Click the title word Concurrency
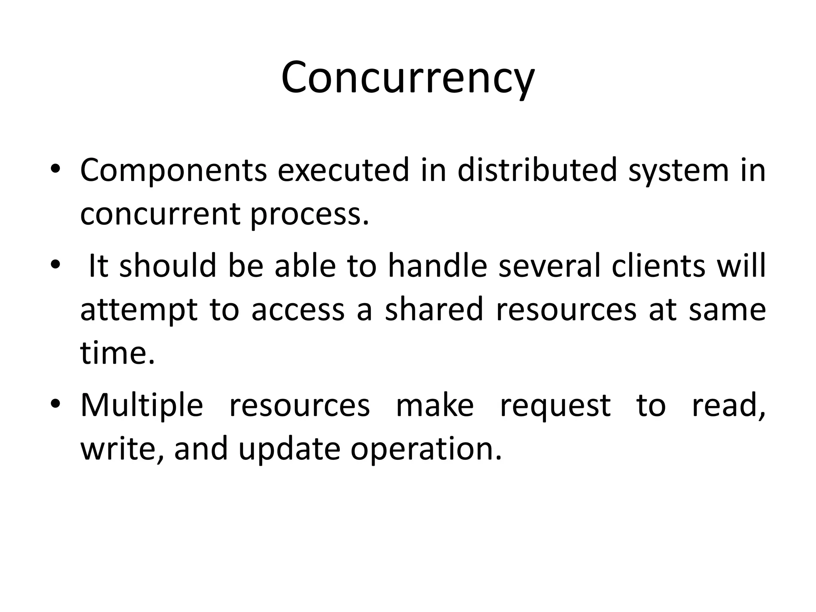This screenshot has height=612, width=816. click(x=408, y=78)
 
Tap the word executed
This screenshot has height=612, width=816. click(x=343, y=170)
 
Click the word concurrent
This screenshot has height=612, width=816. click(x=160, y=214)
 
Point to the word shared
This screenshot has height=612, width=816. click(x=434, y=310)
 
